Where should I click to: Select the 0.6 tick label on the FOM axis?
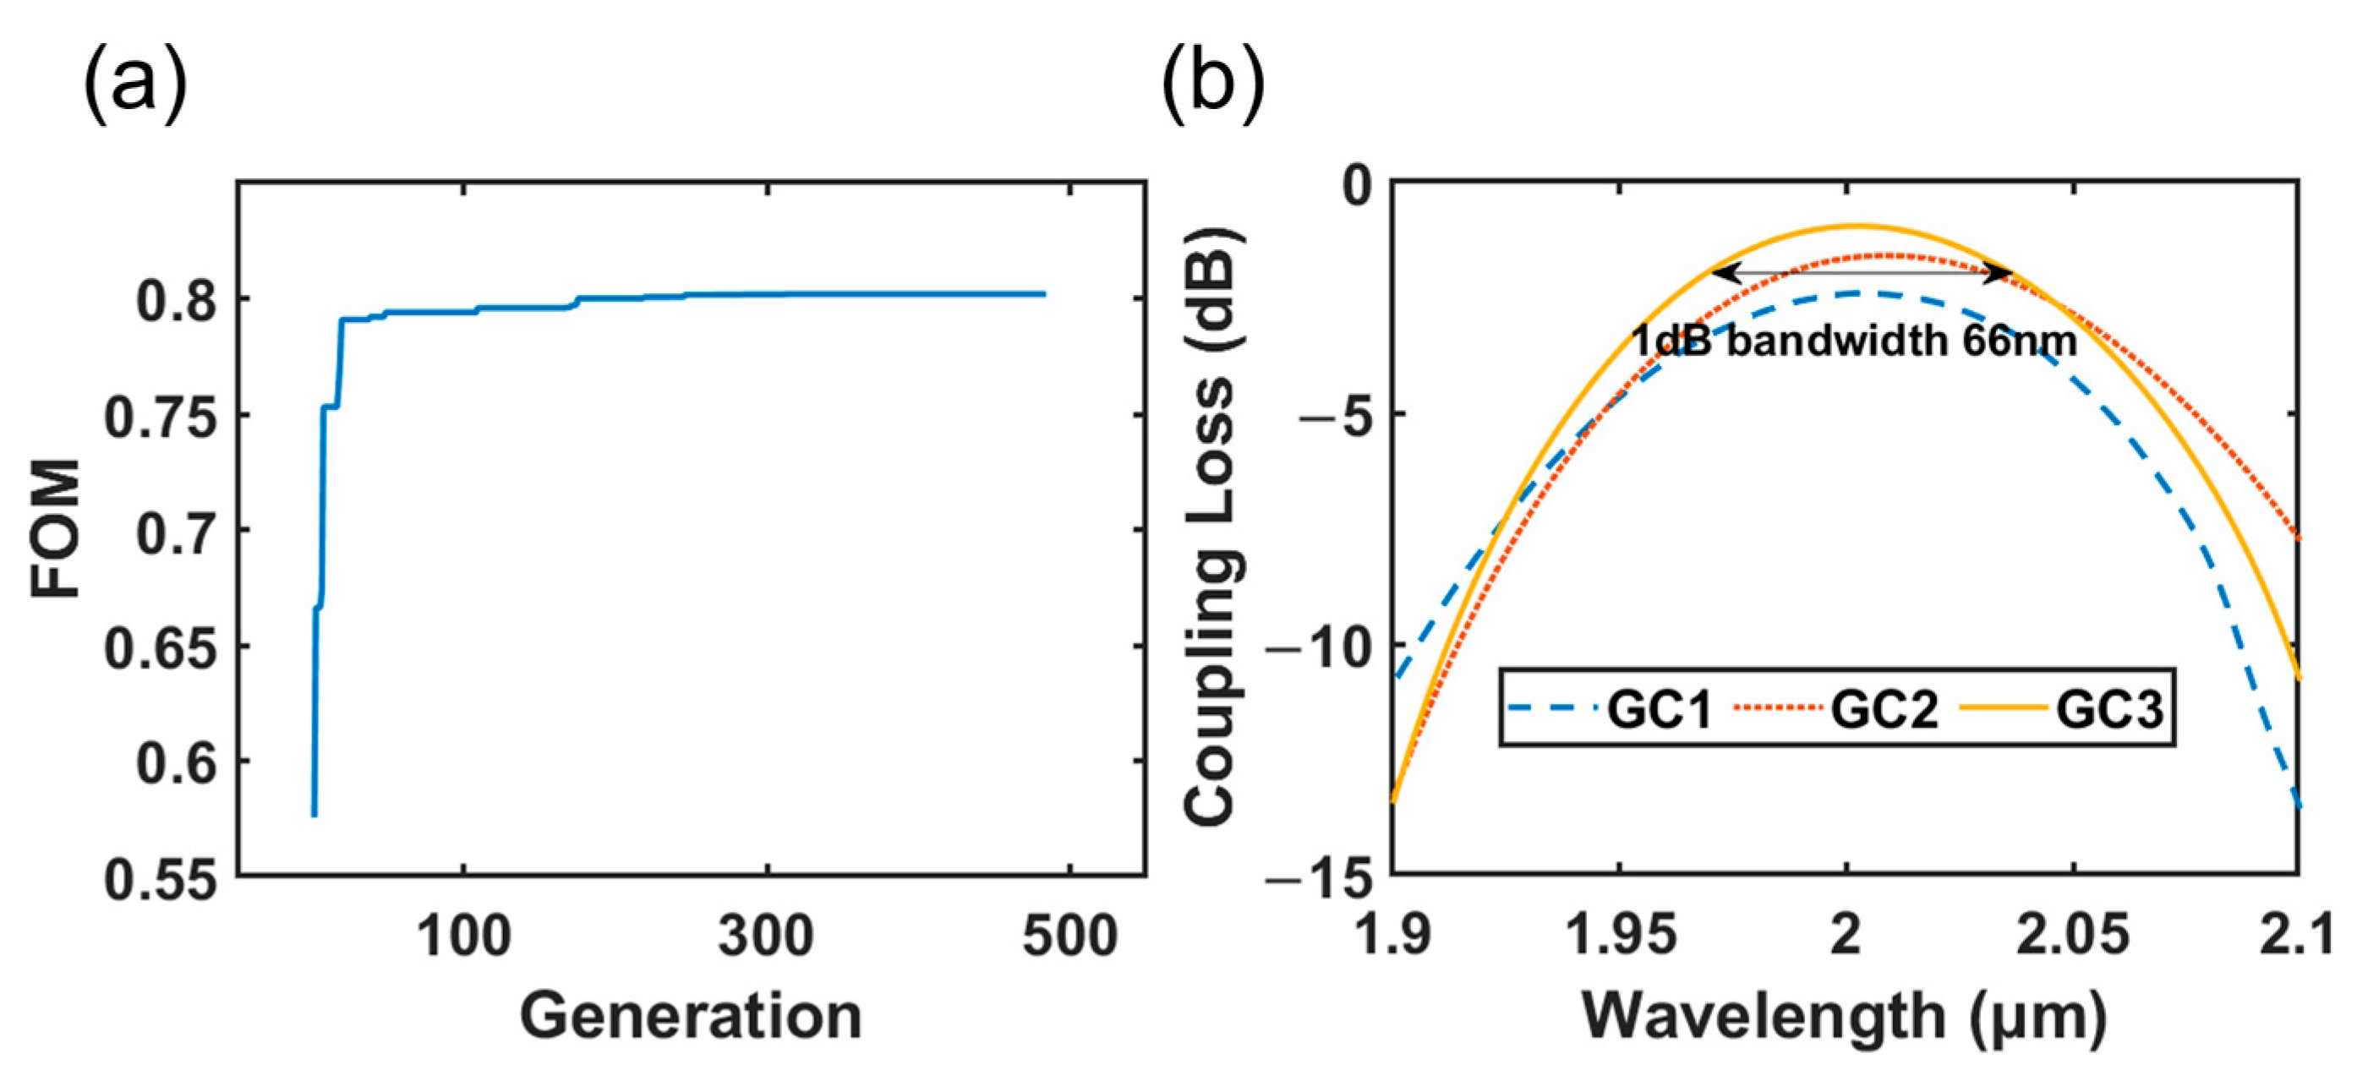(x=178, y=762)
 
